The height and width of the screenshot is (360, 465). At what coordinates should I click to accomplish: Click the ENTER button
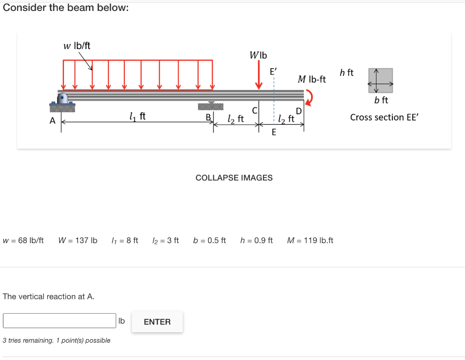157,322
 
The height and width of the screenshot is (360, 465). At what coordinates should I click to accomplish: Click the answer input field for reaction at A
59,320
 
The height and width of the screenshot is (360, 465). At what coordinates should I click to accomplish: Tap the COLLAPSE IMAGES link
234,178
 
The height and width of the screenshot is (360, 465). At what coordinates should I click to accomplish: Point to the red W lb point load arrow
259,78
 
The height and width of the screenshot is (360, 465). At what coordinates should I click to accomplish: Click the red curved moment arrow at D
309,97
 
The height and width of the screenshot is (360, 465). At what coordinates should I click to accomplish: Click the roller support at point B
211,106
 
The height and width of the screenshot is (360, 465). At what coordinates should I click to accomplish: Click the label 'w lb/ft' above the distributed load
77,46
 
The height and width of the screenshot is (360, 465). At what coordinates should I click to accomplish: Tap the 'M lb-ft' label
312,80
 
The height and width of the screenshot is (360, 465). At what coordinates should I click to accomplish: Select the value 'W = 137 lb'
78,240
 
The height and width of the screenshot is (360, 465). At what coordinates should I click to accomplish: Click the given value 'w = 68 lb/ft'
23,240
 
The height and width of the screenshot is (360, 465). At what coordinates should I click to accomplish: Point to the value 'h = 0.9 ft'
257,240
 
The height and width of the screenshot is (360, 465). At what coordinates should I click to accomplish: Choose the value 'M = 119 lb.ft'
310,240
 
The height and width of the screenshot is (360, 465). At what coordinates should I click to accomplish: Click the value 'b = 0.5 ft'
209,240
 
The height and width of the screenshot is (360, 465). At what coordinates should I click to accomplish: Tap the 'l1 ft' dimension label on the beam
137,117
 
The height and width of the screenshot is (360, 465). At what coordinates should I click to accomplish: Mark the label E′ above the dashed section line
273,72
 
